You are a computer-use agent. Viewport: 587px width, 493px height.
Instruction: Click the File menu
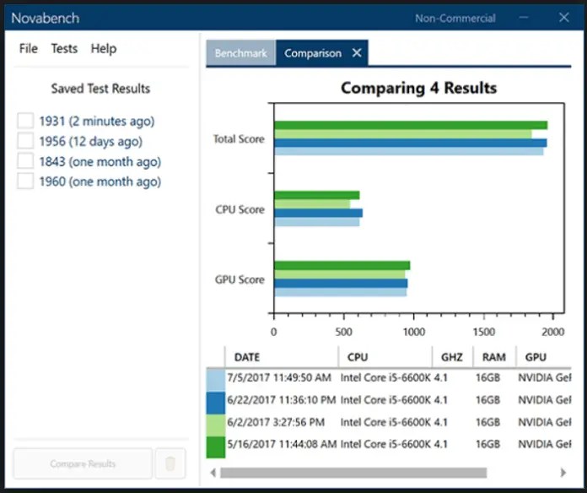28,48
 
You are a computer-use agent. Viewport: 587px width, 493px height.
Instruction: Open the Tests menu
64,48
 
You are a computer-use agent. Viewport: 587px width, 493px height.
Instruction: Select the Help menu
103,48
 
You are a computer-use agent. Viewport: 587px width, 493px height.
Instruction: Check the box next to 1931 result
25,122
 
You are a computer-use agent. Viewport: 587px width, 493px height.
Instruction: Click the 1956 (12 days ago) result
90,142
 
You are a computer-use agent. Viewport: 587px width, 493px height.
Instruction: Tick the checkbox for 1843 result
25,161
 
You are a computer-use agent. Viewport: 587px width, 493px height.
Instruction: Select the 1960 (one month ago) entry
100,181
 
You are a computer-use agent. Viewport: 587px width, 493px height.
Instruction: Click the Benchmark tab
240,53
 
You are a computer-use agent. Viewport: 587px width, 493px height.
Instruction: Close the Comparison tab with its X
357,53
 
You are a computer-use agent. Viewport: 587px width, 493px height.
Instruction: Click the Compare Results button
83,463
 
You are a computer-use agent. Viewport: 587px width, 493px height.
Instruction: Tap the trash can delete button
170,463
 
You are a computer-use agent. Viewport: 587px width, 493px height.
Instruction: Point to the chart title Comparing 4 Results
418,88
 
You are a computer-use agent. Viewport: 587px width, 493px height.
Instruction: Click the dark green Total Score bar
410,125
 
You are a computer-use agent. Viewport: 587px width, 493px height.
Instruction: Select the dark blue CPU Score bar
318,213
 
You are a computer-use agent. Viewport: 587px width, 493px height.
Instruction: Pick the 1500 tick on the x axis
484,332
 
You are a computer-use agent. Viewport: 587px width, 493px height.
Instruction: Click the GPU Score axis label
240,279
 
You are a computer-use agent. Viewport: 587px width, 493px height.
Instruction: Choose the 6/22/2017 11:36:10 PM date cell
280,400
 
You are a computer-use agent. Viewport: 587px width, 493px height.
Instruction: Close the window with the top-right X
564,17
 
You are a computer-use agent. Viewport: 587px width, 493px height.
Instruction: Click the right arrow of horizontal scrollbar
563,472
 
